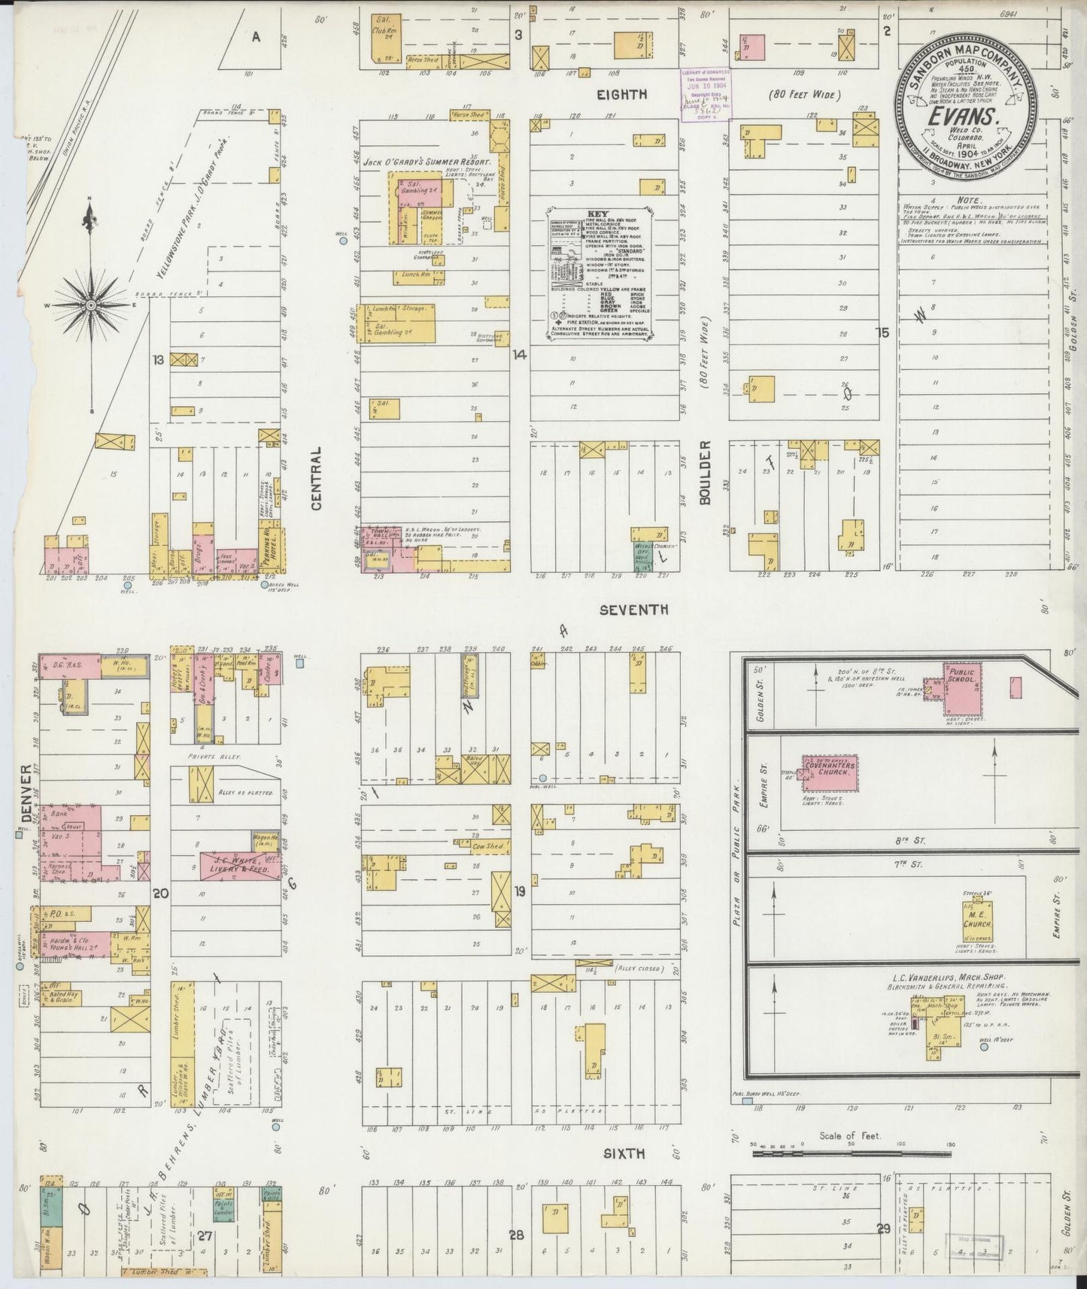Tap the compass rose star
(x=91, y=305)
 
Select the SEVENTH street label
(x=633, y=610)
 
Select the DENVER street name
(x=27, y=794)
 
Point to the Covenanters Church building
(x=829, y=772)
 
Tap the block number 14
(x=518, y=355)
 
